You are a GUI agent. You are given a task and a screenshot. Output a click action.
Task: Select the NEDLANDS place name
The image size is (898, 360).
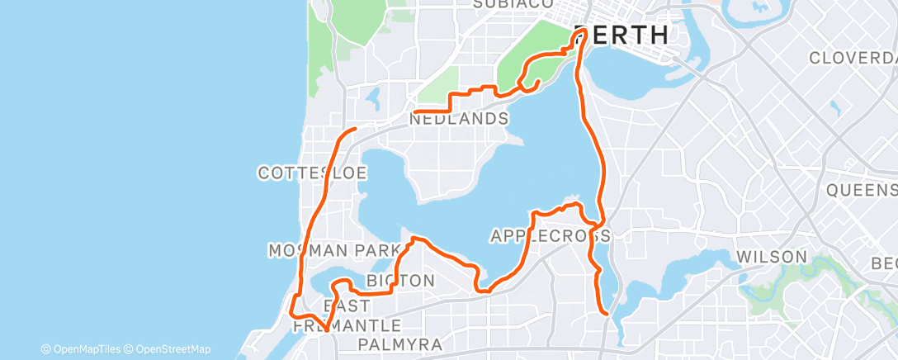[x=459, y=119]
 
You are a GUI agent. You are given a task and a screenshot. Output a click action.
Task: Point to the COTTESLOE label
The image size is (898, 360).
[x=312, y=173]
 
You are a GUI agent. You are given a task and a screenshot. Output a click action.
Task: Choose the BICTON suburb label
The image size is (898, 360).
[x=400, y=281]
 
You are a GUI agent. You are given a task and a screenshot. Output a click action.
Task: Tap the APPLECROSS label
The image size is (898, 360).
[x=550, y=236]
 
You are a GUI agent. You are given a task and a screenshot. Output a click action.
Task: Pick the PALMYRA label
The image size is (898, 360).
[x=401, y=343]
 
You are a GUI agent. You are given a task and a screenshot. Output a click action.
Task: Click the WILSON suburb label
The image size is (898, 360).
[x=772, y=257]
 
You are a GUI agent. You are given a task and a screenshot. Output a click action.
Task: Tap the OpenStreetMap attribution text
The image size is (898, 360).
[x=168, y=349]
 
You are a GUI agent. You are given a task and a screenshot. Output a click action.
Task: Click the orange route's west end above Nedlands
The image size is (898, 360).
[x=414, y=111]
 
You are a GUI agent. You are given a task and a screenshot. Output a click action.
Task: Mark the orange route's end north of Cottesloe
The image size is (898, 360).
[x=354, y=129]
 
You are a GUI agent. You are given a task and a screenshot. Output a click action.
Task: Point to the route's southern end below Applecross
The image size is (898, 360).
[x=607, y=314]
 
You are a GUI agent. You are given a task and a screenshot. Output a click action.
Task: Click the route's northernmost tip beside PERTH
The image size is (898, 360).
[x=581, y=31]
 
